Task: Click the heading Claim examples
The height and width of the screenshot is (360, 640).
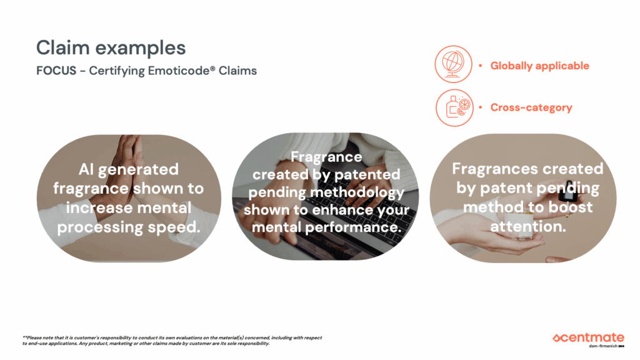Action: [x=111, y=49]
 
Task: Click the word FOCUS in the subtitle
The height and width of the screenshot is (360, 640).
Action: [x=56, y=71]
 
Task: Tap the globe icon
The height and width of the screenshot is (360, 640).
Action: [x=454, y=64]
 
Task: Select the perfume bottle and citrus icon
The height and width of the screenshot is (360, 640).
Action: [x=454, y=107]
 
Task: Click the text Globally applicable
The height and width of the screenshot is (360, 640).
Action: [x=539, y=66]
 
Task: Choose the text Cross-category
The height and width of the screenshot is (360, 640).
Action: [x=531, y=107]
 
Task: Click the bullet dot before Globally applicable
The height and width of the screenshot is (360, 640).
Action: [x=481, y=65]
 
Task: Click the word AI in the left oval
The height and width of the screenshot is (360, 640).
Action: [x=86, y=169]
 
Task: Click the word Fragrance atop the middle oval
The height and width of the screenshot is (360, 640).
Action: [x=326, y=157]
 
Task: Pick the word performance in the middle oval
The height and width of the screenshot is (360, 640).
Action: [x=354, y=227]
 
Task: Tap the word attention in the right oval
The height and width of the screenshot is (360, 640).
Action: [x=527, y=226]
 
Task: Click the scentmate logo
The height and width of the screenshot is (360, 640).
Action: [x=588, y=338]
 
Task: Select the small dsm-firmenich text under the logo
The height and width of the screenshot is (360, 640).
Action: [x=603, y=346]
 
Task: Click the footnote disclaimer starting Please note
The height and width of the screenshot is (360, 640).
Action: [x=172, y=341]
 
